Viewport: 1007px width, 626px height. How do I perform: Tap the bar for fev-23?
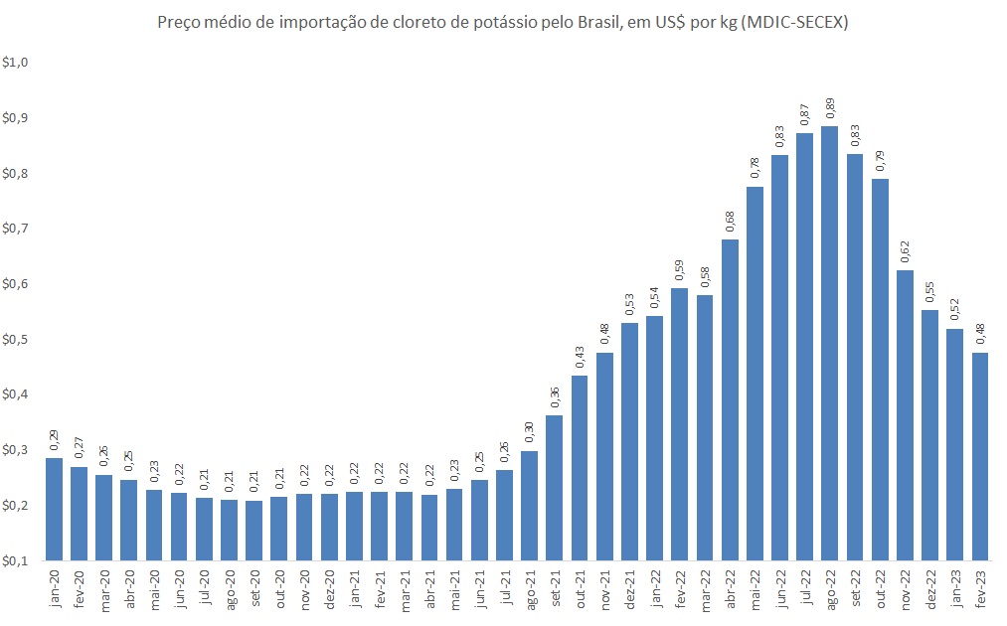pos(979,456)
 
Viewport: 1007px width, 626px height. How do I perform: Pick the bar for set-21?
pos(554,487)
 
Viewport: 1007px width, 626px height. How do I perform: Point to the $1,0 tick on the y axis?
pos(17,63)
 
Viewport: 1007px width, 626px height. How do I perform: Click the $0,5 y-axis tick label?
pos(17,340)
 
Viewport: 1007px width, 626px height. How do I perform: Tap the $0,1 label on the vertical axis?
pos(17,561)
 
